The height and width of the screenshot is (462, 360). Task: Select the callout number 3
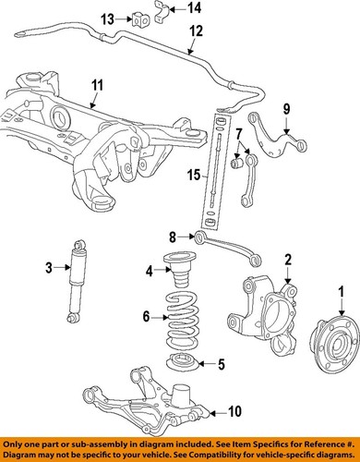coord(49,269)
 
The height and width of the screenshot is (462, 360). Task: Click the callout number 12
coord(195,31)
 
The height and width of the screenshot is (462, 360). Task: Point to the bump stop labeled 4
coord(174,271)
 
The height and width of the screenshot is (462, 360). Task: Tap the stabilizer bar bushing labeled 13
coord(142,18)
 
